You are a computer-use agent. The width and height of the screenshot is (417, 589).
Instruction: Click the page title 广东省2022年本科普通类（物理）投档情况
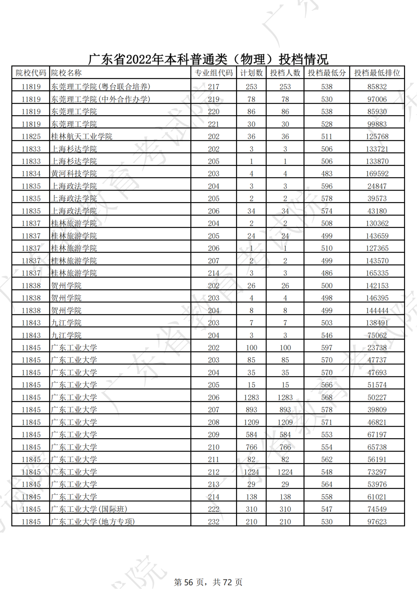pos(208,59)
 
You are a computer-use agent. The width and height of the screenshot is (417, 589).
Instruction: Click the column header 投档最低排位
pos(377,73)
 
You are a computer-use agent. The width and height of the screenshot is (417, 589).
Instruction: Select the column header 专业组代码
pos(214,73)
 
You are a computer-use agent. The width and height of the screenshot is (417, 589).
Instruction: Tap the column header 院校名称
pos(66,73)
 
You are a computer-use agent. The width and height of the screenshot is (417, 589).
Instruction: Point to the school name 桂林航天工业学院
pos(81,137)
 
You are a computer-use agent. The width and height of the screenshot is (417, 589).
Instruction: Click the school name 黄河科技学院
pos(74,174)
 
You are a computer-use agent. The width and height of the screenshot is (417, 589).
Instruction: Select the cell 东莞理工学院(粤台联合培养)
pos(100,87)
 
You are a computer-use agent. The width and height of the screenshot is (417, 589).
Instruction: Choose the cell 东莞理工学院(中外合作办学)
pos(100,100)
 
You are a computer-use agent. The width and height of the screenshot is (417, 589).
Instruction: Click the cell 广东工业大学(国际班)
pos(89,510)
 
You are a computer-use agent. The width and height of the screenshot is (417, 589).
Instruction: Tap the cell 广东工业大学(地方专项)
pos(93,522)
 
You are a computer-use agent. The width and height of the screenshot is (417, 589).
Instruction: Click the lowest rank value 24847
pos(377,186)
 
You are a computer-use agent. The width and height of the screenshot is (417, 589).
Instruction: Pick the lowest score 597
pos(327,348)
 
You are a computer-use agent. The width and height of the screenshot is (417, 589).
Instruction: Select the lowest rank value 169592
pos(377,174)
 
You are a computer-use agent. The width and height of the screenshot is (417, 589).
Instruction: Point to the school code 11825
pos(31,137)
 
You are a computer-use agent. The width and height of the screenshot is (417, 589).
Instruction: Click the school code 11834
pos(31,174)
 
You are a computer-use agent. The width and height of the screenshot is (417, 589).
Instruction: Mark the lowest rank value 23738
pos(377,348)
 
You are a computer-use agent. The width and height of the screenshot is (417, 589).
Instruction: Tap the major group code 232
pos(214,522)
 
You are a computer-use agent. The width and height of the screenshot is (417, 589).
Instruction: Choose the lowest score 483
pos(327,174)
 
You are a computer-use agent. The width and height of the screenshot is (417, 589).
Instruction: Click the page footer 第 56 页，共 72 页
pos(208,582)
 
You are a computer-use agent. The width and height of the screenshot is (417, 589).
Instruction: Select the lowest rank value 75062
pos(377,336)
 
